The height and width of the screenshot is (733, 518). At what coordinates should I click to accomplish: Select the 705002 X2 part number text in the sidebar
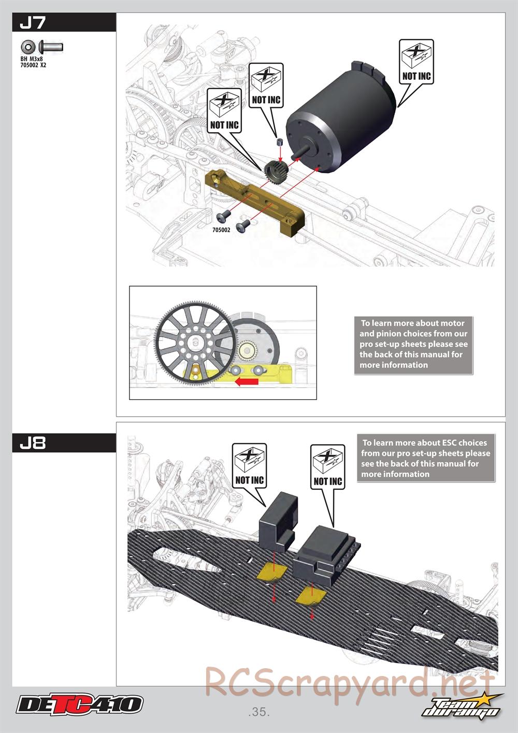[x=33, y=65]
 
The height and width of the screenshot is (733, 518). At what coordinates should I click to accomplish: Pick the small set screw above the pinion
[x=279, y=142]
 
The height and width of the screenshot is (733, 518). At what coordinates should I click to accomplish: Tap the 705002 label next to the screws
[x=221, y=230]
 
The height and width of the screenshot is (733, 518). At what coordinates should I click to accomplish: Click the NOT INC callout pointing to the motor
[x=416, y=62]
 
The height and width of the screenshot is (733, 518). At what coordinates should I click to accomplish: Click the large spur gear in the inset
[x=195, y=342]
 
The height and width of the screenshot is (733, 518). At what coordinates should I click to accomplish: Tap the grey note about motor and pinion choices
[x=413, y=344]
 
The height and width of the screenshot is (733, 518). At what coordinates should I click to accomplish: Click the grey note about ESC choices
[x=425, y=458]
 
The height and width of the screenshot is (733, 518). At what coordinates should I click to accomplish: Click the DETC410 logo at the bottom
[x=80, y=704]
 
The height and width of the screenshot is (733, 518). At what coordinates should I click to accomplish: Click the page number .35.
[x=259, y=712]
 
